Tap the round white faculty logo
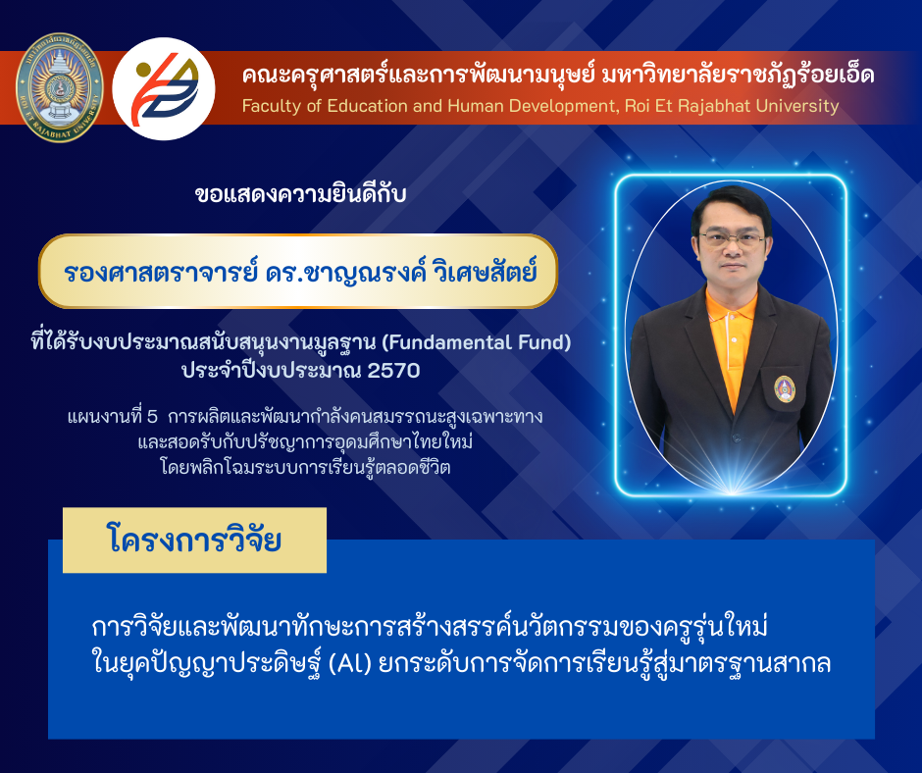[164, 88]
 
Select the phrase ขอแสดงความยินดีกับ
[300, 194]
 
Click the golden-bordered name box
[298, 271]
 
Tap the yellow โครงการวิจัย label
[194, 541]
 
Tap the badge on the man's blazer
[785, 388]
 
